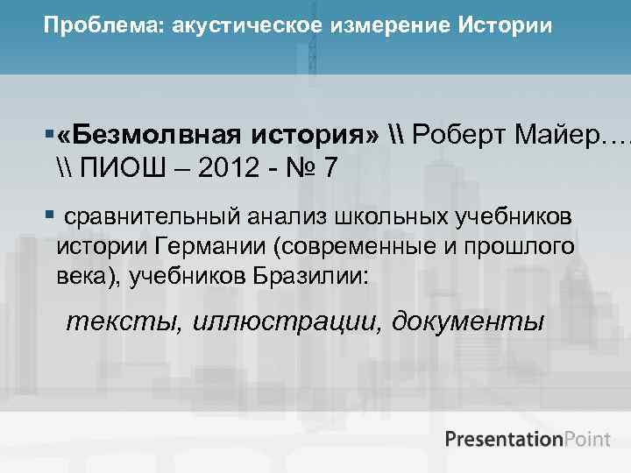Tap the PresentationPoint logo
[527, 439]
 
